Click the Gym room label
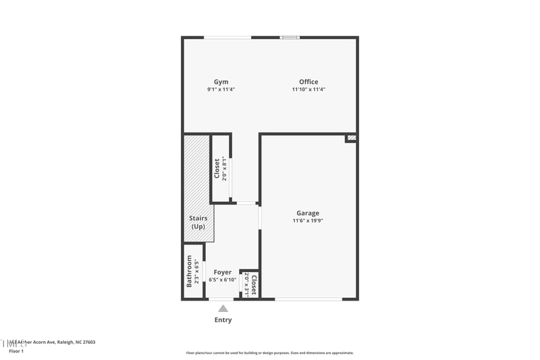click(x=221, y=82)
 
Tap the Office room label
click(x=308, y=82)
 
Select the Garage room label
click(x=308, y=213)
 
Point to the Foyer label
click(x=223, y=272)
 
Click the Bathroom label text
click(x=189, y=271)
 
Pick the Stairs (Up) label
click(x=198, y=222)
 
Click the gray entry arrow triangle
click(x=223, y=308)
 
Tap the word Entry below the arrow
click(x=223, y=319)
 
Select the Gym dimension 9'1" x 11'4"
click(x=221, y=89)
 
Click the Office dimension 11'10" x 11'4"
click(x=308, y=89)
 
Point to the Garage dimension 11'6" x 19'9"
click(x=308, y=221)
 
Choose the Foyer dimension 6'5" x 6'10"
click(x=223, y=280)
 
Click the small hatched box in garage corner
click(x=351, y=138)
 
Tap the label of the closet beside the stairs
click(x=217, y=168)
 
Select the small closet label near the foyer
click(x=254, y=284)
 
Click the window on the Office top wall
click(x=290, y=37)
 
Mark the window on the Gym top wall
click(x=227, y=37)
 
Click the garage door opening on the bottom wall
click(x=308, y=299)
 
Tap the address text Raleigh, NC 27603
click(x=74, y=342)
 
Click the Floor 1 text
click(x=16, y=351)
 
